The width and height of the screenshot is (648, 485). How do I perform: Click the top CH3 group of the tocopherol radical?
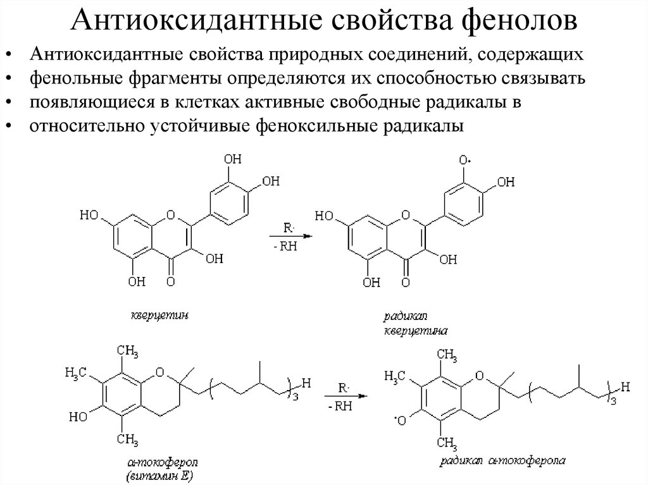coord(447,353)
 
